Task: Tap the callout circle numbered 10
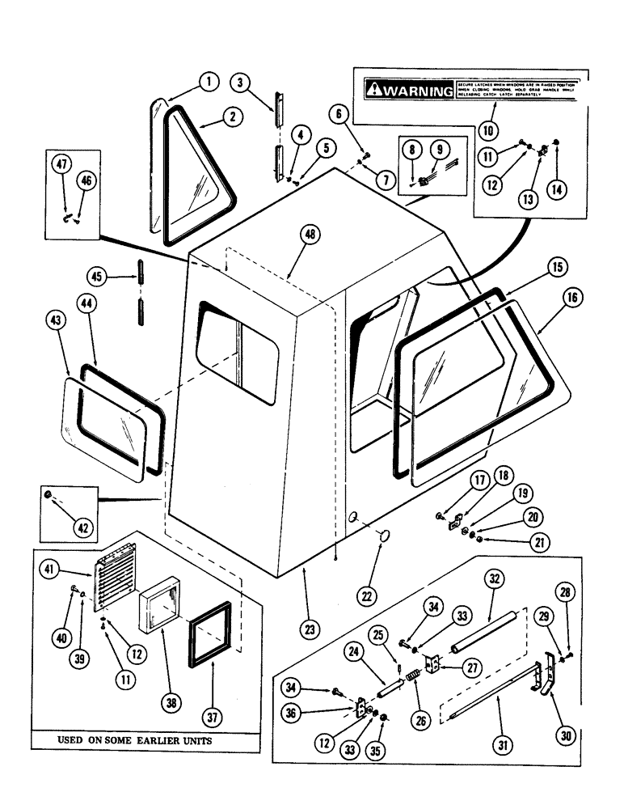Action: point(488,129)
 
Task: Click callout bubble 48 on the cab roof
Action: point(310,235)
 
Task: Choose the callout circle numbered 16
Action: point(571,299)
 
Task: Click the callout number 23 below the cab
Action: point(310,627)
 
